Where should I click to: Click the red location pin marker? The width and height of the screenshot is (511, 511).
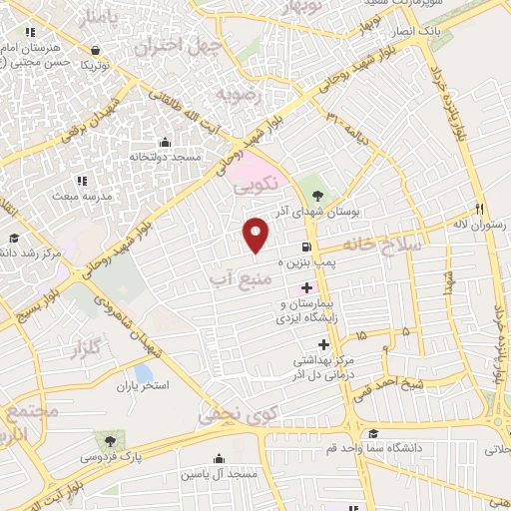coord(256,235)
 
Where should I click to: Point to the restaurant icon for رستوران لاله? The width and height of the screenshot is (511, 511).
coord(480,209)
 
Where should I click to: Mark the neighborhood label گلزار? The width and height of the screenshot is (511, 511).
coord(86,349)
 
